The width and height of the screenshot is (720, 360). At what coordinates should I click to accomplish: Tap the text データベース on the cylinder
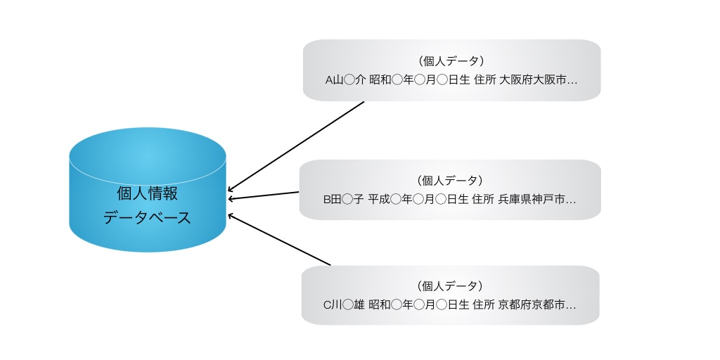pos(147,218)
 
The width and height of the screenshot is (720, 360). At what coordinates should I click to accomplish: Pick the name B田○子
pos(343,200)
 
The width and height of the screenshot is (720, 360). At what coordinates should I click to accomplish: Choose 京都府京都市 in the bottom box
pos(532,305)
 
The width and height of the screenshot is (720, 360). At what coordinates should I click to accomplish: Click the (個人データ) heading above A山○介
pos(451,61)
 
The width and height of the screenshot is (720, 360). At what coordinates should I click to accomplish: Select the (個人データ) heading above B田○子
pos(451,181)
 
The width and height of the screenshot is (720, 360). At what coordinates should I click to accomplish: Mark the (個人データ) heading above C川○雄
pos(451,286)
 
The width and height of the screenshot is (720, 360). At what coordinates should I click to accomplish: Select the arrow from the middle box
pos(264,195)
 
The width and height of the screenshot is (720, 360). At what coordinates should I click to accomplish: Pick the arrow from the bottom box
pos(278,240)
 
